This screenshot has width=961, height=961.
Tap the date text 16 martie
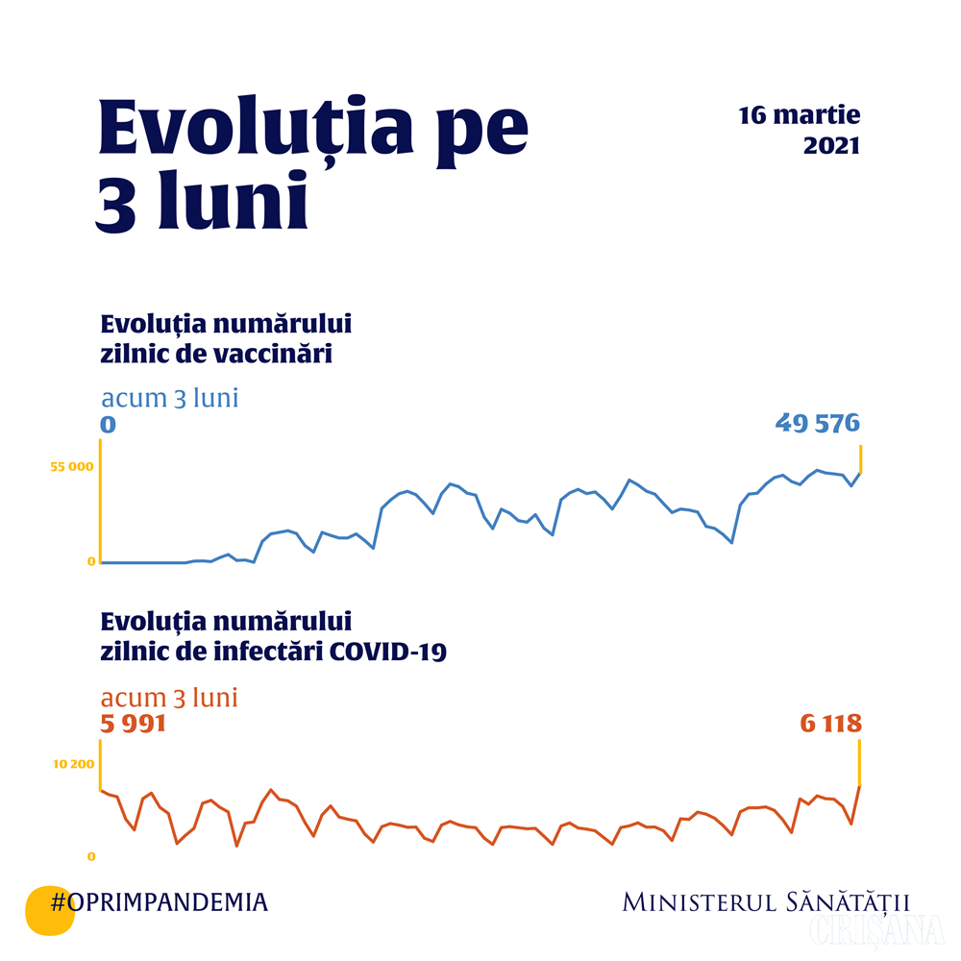799,116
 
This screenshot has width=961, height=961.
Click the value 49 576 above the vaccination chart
817,423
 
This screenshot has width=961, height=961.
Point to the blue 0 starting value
108,424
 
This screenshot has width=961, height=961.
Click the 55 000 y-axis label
72,467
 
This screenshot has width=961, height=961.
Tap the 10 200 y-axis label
74,764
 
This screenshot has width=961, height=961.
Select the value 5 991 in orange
134,723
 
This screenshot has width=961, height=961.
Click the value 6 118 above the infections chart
830,723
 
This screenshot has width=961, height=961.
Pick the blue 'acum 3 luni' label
169,398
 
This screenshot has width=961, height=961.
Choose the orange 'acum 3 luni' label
169,697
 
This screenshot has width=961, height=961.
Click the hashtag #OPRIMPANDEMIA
160,902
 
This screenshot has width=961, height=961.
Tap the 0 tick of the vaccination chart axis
91,561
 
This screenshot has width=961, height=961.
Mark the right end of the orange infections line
859,787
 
